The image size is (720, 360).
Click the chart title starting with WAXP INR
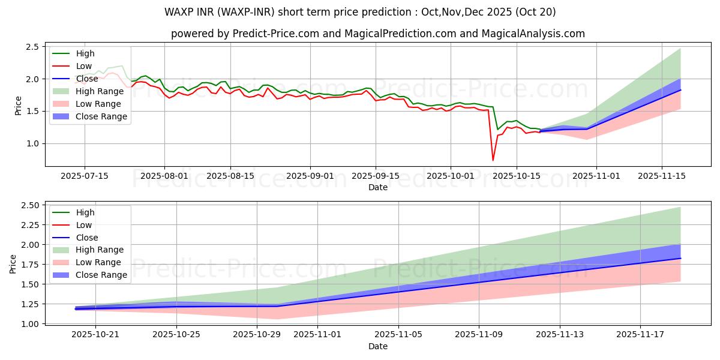point(360,12)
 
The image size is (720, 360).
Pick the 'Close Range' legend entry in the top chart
point(101,116)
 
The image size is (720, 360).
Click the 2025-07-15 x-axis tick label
point(84,176)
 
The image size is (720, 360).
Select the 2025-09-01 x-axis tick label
point(310,176)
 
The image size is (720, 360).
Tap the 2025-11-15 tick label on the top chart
point(662,176)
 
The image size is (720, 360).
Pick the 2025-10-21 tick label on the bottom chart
point(95,334)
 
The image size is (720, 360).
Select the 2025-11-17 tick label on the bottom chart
point(640,334)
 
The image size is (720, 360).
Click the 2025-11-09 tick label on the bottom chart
point(479,334)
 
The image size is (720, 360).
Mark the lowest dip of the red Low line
point(493,160)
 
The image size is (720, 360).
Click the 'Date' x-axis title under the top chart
point(378,187)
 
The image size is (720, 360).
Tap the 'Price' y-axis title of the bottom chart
point(13,265)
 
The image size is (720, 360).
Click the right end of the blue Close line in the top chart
point(680,90)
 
